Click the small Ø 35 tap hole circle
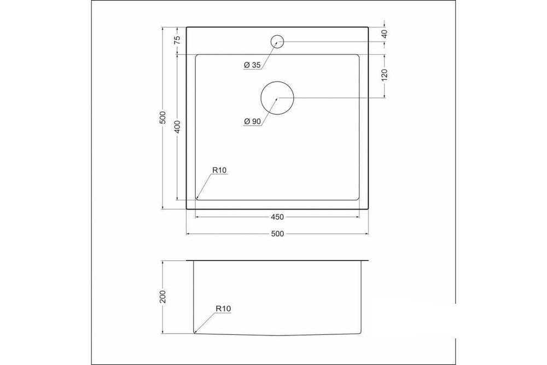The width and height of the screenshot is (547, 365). click(x=277, y=41)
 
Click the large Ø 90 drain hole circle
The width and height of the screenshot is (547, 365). click(x=277, y=99)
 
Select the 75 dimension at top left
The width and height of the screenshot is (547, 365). click(x=177, y=39)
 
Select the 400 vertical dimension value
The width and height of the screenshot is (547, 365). click(x=177, y=127)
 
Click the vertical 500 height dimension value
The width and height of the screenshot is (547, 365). click(x=162, y=118)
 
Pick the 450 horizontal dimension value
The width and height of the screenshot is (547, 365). click(x=277, y=217)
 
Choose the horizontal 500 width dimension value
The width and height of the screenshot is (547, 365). click(x=277, y=234)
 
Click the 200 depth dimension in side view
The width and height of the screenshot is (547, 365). click(x=162, y=297)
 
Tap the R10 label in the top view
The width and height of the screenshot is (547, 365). click(x=219, y=170)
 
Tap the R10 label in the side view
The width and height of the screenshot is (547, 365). click(x=223, y=309)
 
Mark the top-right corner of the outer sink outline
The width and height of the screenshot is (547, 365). click(x=368, y=26)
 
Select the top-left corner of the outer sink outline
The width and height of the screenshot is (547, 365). click(x=187, y=26)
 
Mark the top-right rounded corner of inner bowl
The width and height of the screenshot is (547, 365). click(x=359, y=55)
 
